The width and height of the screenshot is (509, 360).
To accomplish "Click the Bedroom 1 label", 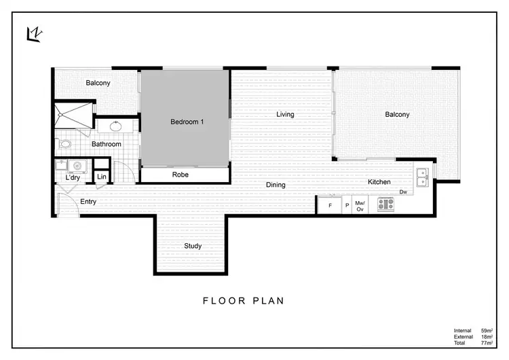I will [x=187, y=122].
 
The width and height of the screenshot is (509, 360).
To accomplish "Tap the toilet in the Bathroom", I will [x=65, y=144].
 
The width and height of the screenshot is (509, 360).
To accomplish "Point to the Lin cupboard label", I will [x=102, y=177].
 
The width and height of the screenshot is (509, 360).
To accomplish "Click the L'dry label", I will [x=73, y=178].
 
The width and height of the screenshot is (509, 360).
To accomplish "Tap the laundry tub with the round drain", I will [x=77, y=165].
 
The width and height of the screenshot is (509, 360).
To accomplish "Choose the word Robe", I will [x=180, y=175].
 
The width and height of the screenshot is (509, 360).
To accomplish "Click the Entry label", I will [x=88, y=202].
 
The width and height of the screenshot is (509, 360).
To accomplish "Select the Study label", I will [x=192, y=246].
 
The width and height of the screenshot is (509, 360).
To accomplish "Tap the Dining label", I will [x=275, y=185].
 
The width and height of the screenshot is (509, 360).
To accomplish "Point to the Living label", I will [x=285, y=114].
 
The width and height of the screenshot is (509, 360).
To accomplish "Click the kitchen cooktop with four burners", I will [x=385, y=204].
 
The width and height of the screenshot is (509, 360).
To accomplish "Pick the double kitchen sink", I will [x=422, y=177].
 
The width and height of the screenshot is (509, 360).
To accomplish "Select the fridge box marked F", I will [x=331, y=205].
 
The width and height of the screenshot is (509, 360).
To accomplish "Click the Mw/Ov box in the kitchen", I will [x=360, y=205].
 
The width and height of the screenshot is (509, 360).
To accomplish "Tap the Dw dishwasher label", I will [x=402, y=192].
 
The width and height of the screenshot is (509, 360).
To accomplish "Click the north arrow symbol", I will [x=34, y=33].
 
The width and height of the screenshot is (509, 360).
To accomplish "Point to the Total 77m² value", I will [x=487, y=343].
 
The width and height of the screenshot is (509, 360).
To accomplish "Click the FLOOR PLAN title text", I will [x=244, y=300].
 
